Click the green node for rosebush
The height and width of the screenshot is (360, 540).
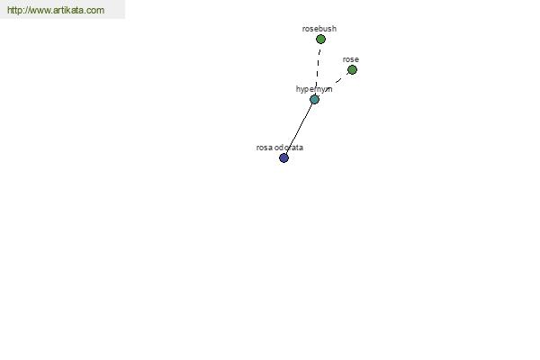(320, 40)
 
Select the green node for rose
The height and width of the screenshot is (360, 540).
(352, 70)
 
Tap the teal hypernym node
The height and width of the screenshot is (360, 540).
(314, 100)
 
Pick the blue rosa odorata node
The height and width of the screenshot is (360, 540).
(283, 158)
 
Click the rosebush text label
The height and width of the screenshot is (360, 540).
(319, 29)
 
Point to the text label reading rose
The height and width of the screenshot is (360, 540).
(351, 59)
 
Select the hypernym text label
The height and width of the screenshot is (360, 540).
(314, 89)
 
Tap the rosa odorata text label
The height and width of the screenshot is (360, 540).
(280, 148)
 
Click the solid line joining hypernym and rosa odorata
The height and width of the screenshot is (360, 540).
(299, 129)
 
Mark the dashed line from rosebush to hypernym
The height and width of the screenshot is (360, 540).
(318, 70)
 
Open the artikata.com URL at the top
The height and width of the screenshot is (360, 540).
(56, 10)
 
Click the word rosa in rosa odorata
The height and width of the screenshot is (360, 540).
(265, 148)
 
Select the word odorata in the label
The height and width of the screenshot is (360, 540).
(289, 148)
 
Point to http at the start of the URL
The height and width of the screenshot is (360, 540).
(14, 10)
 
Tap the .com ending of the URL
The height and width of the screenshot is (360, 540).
(94, 10)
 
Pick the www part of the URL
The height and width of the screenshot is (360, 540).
(39, 11)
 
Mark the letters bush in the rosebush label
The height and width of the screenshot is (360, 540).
(328, 29)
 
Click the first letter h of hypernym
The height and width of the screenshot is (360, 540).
(298, 89)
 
